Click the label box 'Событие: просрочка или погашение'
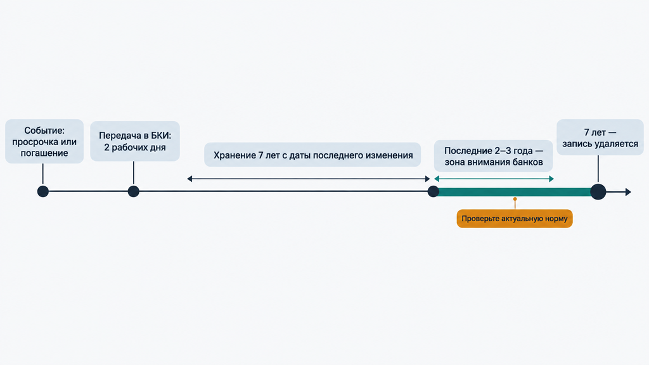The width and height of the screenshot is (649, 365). tap(44, 141)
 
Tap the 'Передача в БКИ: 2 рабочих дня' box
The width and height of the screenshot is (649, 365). tap(135, 141)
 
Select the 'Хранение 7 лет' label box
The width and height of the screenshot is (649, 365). tap(312, 155)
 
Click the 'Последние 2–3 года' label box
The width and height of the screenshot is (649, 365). tap(493, 156)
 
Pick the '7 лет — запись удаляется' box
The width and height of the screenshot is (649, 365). tap(600, 138)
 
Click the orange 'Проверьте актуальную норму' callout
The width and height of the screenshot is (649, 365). tap(515, 219)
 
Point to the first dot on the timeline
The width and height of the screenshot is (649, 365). tap(43, 191)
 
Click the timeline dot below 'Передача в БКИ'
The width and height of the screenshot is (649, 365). tap(133, 191)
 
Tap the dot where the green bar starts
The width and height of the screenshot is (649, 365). tap(434, 191)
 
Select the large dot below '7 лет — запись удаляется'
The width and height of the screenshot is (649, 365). tap(598, 191)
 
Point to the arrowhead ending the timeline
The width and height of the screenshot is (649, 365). tap(628, 191)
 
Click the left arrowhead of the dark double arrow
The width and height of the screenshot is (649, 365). tap(190, 179)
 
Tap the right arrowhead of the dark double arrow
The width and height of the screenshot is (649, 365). tap(428, 179)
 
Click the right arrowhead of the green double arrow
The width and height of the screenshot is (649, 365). tap(551, 179)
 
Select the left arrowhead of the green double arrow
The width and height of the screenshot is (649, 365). tap(437, 179)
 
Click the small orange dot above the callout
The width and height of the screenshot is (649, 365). tap(515, 200)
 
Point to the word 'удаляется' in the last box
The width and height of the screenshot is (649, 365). tap(616, 144)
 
